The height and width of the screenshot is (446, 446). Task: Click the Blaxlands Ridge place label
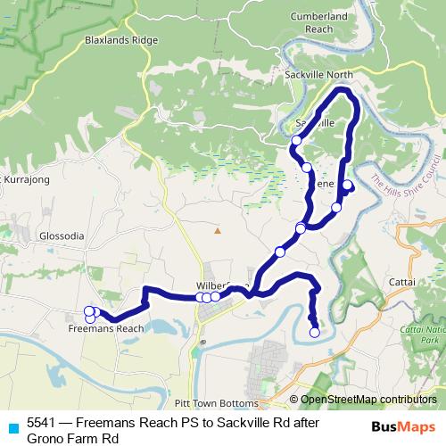click(x=121, y=40)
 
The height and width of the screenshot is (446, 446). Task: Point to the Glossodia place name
click(x=62, y=236)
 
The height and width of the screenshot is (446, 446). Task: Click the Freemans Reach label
click(x=106, y=328)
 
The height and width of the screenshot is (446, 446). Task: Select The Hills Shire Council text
click(x=406, y=177)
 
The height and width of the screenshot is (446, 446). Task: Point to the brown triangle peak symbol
click(x=216, y=231)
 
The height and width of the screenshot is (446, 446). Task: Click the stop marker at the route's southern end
click(x=314, y=333)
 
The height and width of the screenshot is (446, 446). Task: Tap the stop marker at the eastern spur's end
click(x=348, y=186)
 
